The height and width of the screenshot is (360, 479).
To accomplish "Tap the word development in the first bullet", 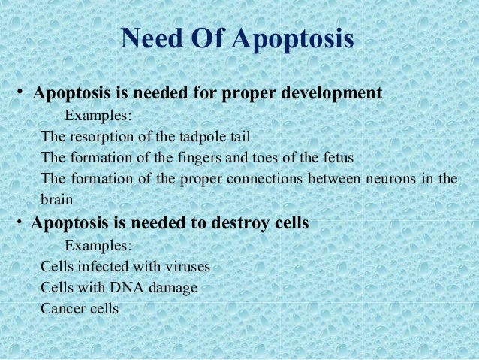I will click(332, 94).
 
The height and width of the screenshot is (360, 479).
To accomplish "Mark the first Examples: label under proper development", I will click(98, 116).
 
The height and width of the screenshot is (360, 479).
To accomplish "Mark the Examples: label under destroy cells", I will click(98, 245).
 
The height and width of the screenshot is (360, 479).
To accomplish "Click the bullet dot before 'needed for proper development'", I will click(23, 92).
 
